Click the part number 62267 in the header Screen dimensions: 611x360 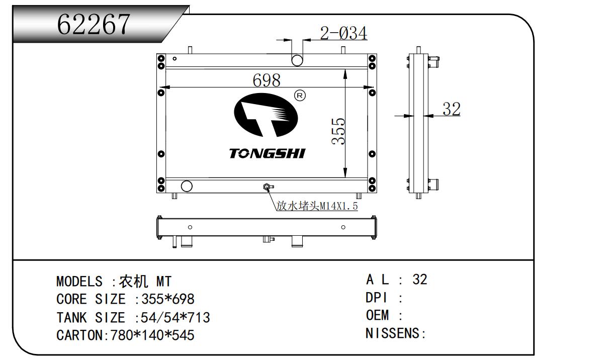94,24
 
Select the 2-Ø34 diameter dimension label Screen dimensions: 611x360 343,33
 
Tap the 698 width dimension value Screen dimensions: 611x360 267,80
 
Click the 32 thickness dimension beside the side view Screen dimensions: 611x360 452,109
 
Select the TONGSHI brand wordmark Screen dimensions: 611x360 268,153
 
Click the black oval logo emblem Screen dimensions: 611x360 266,115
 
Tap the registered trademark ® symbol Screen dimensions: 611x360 300,96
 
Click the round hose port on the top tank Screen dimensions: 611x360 297,60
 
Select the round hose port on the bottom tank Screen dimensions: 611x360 187,186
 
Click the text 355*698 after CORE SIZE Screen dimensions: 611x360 168,299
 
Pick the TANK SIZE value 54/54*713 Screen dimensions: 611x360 175,317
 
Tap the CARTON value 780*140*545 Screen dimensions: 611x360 152,335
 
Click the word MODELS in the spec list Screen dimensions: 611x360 79,282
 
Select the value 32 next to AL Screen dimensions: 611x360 420,280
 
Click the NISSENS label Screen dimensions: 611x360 392,333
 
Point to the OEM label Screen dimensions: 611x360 377,315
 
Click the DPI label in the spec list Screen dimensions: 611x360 376,298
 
